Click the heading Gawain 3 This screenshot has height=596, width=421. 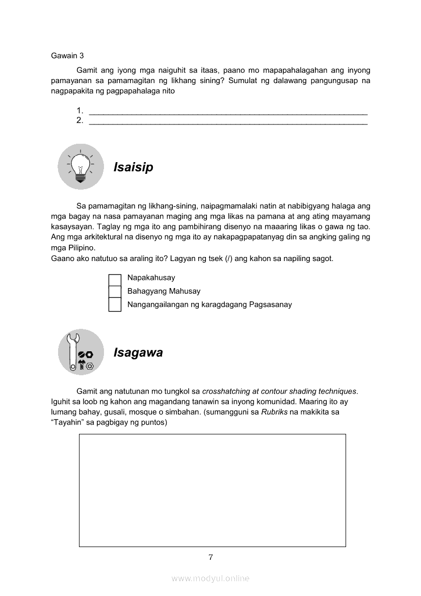(x=67, y=56)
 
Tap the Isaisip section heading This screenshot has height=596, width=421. (x=133, y=167)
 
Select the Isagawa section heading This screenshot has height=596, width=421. (x=138, y=353)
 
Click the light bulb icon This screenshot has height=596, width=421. (x=81, y=167)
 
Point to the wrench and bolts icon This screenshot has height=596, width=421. (x=81, y=352)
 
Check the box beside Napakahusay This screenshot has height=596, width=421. (x=115, y=278)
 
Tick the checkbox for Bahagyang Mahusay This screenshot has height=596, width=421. (x=115, y=292)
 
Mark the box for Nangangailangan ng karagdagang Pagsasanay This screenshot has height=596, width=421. (x=115, y=305)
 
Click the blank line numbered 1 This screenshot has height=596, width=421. (x=228, y=111)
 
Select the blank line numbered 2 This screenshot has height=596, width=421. (x=228, y=121)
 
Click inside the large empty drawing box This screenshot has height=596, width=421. (x=212, y=490)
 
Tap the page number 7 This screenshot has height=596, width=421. (x=210, y=557)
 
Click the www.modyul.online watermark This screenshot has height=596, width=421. (x=210, y=578)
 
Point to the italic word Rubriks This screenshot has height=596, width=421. (x=274, y=412)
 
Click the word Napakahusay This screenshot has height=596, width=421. (x=151, y=278)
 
